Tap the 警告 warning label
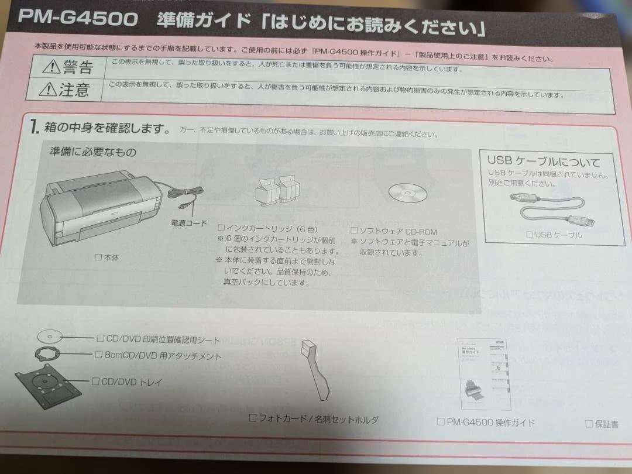pos(78,67)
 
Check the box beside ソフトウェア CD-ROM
pos(353,231)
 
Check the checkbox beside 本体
pos(98,256)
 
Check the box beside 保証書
pos(589,423)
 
